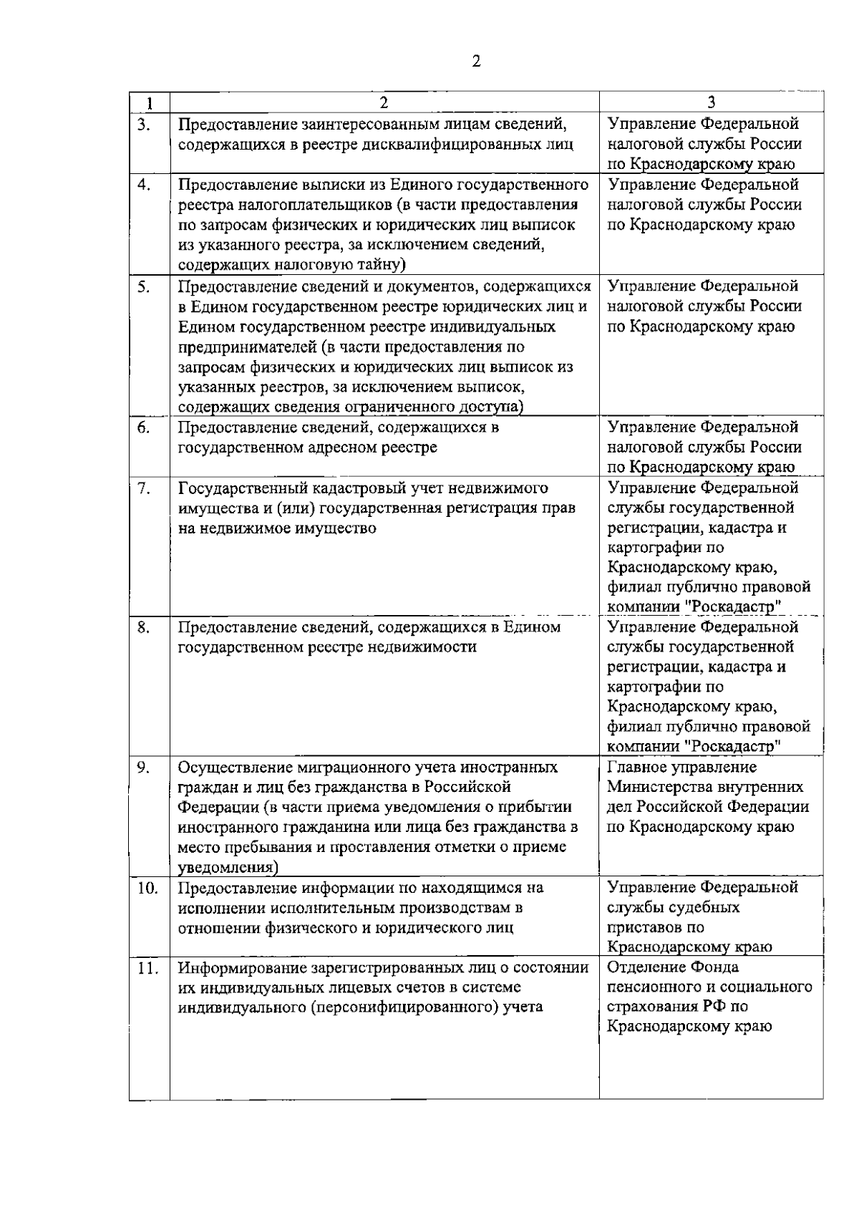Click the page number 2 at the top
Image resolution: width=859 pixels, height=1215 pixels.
pos(477,61)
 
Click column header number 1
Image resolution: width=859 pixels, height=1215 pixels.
pos(148,103)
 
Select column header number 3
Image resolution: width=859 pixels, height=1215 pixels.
pos(711,102)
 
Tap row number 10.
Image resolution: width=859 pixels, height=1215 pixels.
pos(147,888)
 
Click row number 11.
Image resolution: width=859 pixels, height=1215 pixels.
pos(147,968)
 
